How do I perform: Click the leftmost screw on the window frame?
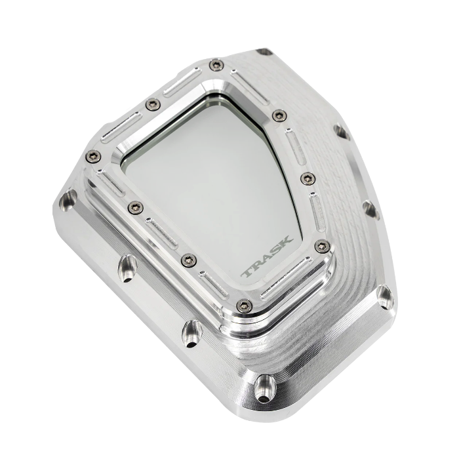tap(92, 155)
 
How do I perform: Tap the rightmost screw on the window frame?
tap(321, 247)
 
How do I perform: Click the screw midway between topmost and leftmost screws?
tap(152, 103)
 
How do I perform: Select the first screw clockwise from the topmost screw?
tap(279, 115)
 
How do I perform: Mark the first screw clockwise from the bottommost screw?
tap(188, 258)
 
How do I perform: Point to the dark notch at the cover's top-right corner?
tap(264, 51)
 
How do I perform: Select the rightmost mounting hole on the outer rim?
tap(369, 209)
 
